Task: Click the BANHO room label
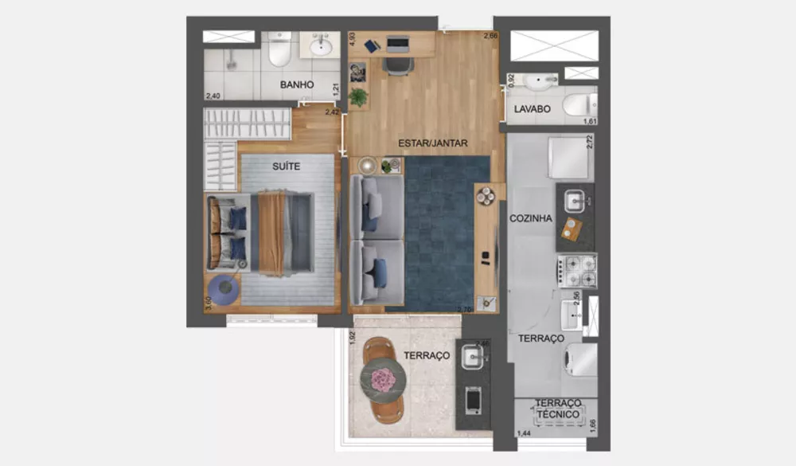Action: click(297, 84)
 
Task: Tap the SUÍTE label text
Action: click(286, 167)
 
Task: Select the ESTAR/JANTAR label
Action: click(433, 143)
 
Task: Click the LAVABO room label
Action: click(533, 109)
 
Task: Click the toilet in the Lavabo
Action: click(579, 104)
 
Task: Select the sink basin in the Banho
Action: click(321, 46)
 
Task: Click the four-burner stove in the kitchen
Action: click(576, 271)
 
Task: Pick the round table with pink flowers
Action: click(383, 379)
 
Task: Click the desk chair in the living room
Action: click(396, 64)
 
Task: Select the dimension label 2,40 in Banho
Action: click(213, 96)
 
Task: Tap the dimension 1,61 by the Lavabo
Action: click(590, 121)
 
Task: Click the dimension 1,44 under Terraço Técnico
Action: click(525, 433)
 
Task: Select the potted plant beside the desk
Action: click(358, 97)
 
